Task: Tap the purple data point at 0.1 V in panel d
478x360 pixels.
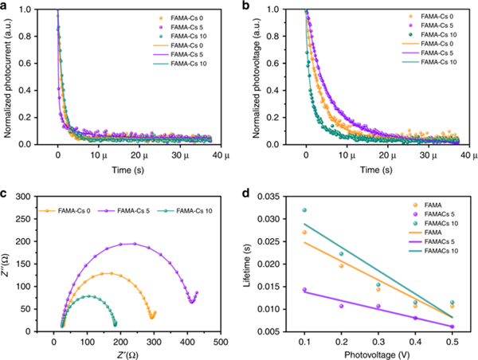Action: pos(304,290)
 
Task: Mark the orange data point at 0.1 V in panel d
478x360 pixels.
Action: pos(304,233)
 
